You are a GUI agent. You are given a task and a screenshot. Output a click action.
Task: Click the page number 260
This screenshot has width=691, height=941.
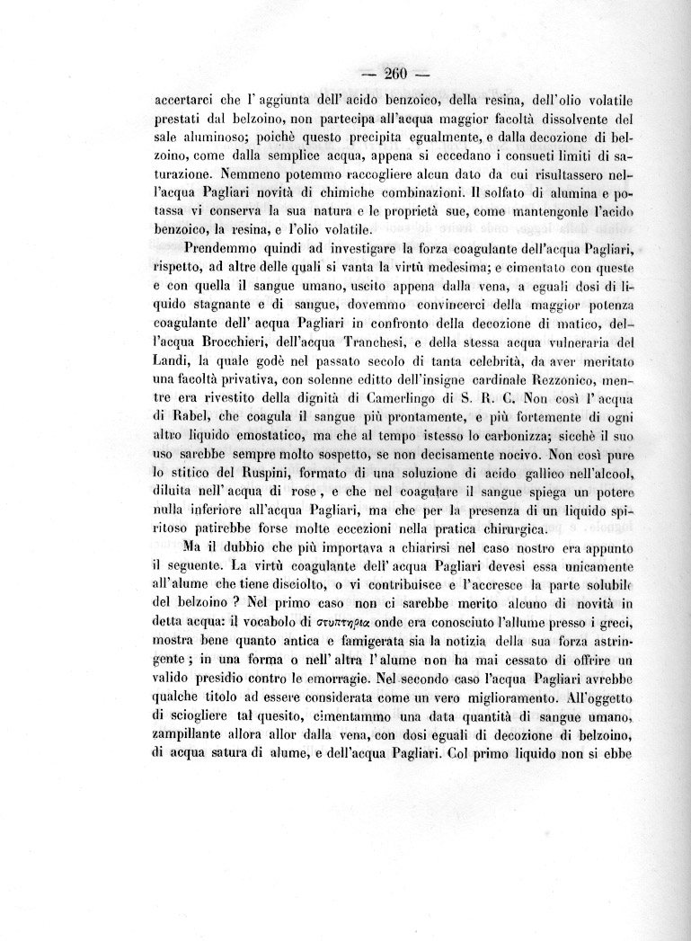point(395,75)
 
